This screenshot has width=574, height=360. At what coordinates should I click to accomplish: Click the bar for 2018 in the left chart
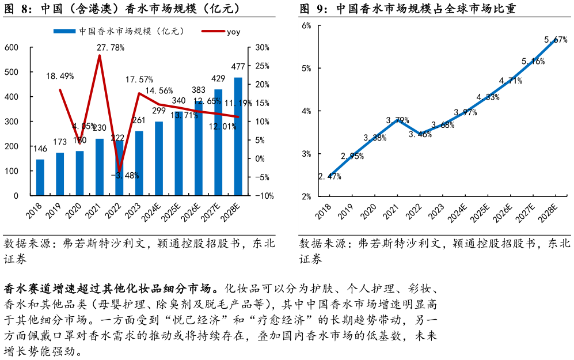pos(40,177)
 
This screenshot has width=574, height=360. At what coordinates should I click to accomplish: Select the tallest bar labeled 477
pos(238,137)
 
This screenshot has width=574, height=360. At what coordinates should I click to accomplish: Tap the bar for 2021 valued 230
pos(100,167)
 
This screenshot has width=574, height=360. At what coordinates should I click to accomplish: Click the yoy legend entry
pos(222,32)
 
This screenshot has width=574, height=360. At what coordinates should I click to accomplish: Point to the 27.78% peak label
pos(111,48)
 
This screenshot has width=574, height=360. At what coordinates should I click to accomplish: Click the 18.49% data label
pos(60,76)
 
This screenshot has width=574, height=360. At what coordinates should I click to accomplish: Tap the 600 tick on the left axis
pos(11,48)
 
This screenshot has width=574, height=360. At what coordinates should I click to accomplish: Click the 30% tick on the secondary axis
pos(263,48)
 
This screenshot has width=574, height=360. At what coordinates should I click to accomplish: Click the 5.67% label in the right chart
pos(556,40)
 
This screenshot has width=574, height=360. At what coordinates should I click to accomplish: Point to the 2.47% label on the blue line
pos(330,176)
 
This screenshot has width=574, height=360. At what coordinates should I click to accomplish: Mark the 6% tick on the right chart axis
pos(306,25)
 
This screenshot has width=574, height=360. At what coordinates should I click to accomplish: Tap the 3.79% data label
pos(397,120)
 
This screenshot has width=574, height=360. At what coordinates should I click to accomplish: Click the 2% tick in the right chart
pos(306,196)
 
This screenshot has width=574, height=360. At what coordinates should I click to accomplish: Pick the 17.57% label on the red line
pos(139,79)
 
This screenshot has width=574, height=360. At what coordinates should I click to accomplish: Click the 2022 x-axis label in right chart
pos(416,211)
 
